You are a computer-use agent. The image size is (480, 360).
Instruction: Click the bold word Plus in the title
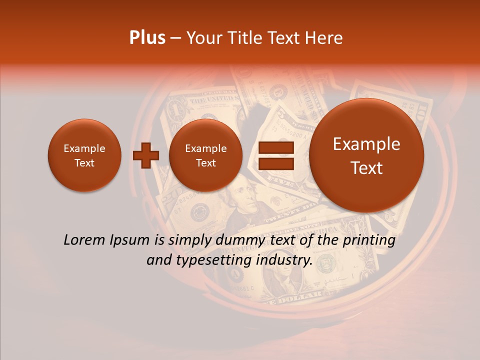(147, 38)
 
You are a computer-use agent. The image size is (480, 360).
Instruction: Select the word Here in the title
(325, 38)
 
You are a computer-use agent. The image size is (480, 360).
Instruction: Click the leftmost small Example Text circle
(84, 155)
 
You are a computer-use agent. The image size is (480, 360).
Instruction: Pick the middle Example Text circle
(205, 155)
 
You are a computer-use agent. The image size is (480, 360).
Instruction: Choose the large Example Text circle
(366, 155)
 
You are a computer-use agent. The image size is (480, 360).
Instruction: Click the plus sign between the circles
(145, 155)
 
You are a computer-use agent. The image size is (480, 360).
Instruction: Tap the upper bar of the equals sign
(276, 147)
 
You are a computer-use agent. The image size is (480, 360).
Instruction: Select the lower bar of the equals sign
(276, 163)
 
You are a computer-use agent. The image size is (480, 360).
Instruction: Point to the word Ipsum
(129, 240)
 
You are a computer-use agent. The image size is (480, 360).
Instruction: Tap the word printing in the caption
(369, 240)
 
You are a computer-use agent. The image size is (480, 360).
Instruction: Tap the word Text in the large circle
(366, 168)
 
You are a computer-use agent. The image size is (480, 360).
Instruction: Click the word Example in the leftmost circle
(84, 148)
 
